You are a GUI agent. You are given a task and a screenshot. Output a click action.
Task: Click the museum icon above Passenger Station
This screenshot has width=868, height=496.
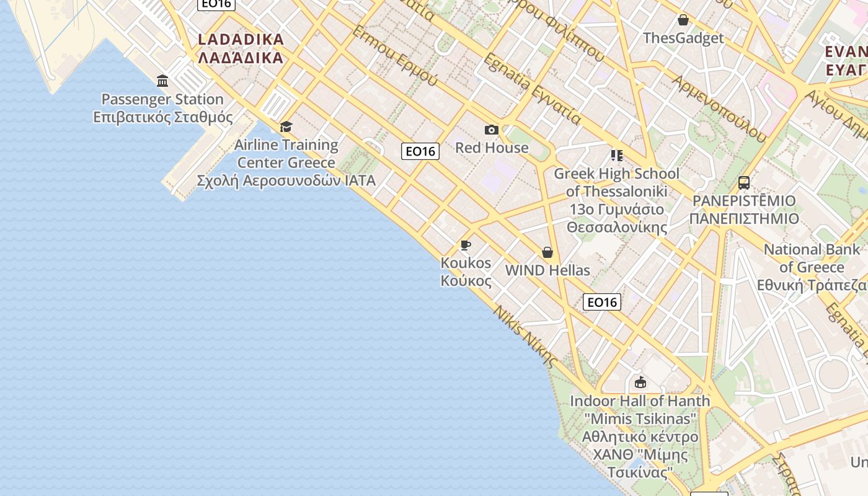162,81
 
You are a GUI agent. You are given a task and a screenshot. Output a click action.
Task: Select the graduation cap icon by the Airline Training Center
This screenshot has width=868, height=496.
286,127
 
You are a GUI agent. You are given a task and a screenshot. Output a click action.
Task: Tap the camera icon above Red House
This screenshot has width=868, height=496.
492,130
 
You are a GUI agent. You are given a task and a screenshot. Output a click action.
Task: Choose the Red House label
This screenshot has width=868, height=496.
492,148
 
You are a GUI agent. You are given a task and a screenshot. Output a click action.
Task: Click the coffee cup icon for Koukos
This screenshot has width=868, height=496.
466,246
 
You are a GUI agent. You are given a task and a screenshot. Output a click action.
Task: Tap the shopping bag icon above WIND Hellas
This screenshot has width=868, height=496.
547,252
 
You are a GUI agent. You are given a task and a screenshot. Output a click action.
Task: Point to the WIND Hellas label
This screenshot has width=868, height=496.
547,270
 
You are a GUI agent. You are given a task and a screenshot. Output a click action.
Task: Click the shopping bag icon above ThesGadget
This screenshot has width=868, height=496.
683,20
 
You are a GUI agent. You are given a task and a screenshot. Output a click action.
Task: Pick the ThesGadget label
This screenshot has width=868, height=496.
683,38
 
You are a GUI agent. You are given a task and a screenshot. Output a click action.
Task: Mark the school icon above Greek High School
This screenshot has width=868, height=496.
616,155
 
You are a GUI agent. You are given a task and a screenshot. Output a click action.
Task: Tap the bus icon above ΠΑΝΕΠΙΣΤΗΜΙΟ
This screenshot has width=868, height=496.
744,183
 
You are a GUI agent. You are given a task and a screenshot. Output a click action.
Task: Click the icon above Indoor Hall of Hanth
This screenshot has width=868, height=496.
640,382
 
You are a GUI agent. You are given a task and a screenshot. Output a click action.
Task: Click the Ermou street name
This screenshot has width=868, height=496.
395,55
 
